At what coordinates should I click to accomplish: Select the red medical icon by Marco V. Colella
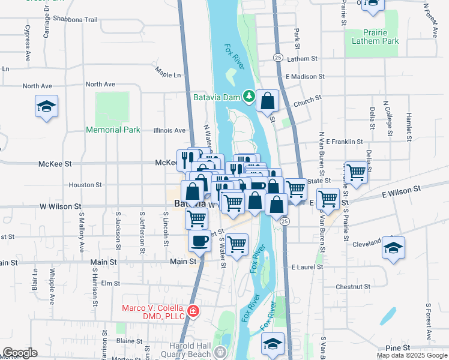193,311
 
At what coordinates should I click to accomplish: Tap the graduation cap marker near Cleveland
393,248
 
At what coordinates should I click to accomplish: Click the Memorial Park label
113,130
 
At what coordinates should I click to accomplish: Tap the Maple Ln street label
167,74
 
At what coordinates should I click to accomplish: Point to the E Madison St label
305,77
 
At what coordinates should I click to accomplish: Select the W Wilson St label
60,206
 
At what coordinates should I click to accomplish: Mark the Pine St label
397,347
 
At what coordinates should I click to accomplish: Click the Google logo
20,353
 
